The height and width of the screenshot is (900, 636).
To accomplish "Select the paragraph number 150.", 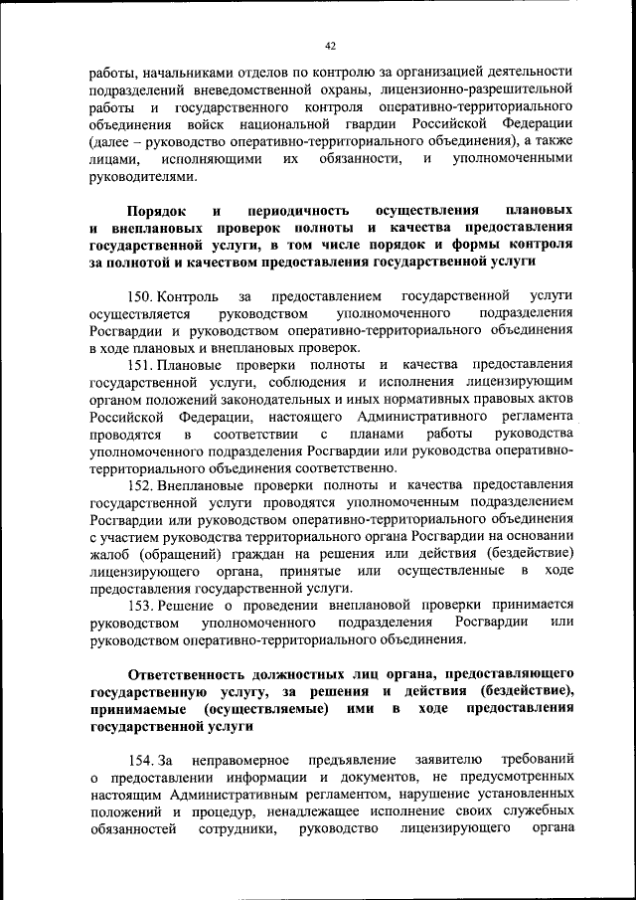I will (139, 296).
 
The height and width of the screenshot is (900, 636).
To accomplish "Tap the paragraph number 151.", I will (139, 366).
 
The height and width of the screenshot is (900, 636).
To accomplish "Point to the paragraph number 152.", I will (139, 486).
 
